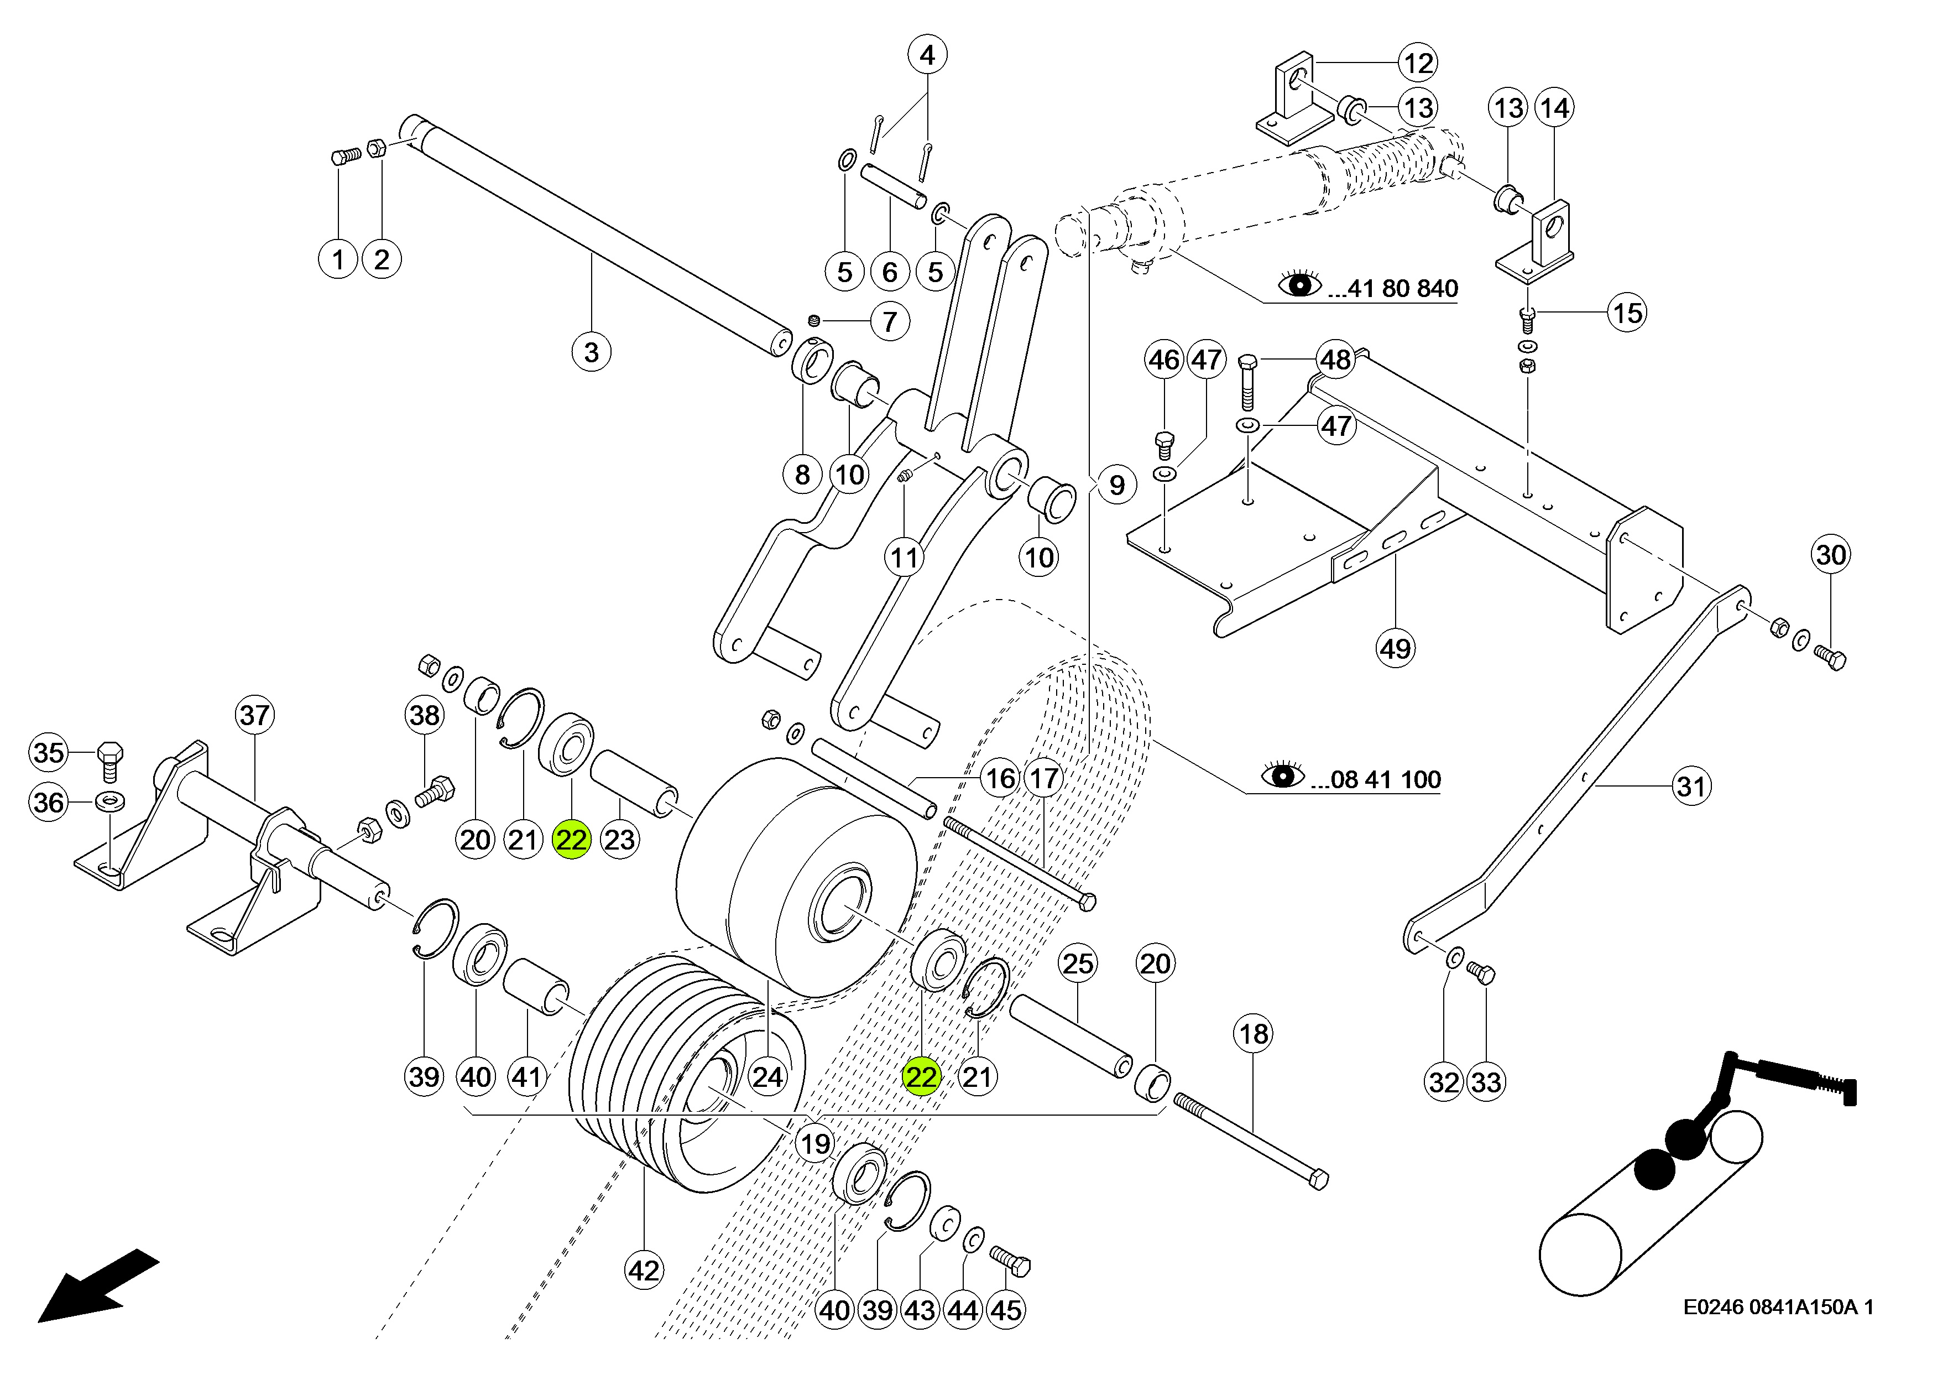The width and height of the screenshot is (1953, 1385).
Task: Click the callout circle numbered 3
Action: coord(592,352)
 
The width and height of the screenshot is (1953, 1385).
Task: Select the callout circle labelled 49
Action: coord(1396,649)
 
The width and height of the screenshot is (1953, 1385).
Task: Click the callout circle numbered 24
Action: coord(767,1077)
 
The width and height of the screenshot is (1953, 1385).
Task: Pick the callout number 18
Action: coord(1253,1034)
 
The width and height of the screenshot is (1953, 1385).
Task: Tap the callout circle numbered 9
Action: coord(1117,485)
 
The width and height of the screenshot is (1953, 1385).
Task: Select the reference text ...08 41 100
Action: coord(1376,779)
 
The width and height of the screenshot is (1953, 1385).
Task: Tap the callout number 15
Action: coord(1627,313)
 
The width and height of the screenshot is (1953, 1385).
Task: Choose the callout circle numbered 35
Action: coord(49,752)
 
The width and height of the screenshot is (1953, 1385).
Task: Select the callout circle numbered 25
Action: coord(1078,964)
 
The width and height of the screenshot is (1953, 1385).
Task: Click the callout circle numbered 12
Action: coord(1418,63)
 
